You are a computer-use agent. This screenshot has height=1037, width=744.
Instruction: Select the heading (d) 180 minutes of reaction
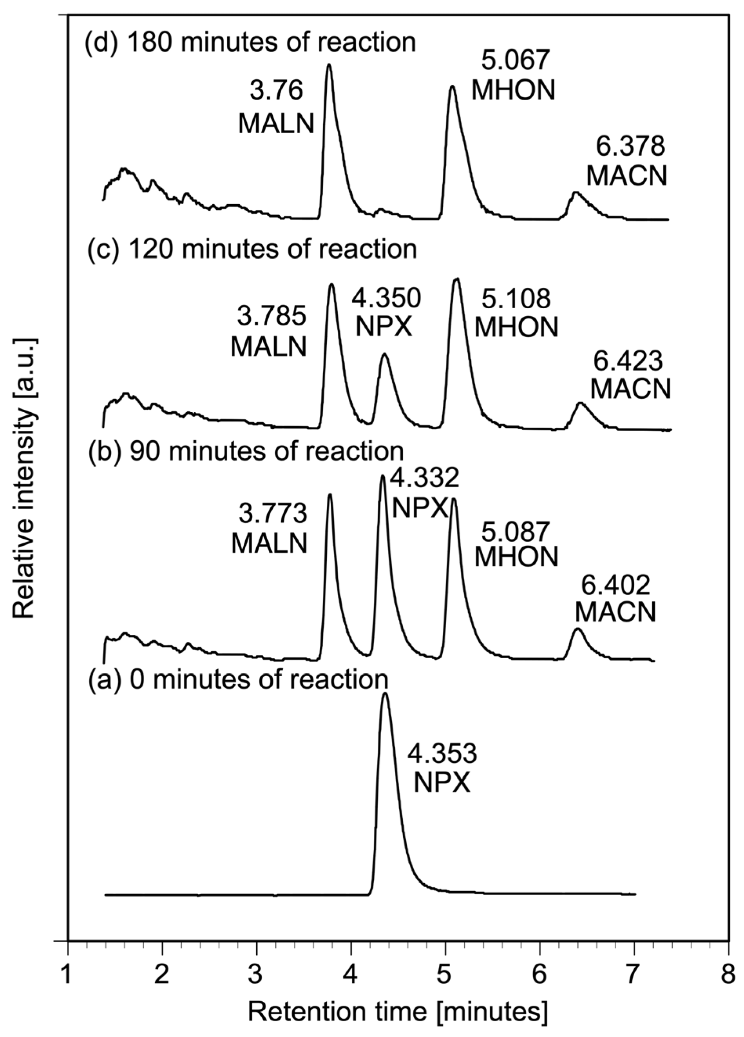(250, 42)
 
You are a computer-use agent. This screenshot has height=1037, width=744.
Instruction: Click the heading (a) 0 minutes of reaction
(238, 679)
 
